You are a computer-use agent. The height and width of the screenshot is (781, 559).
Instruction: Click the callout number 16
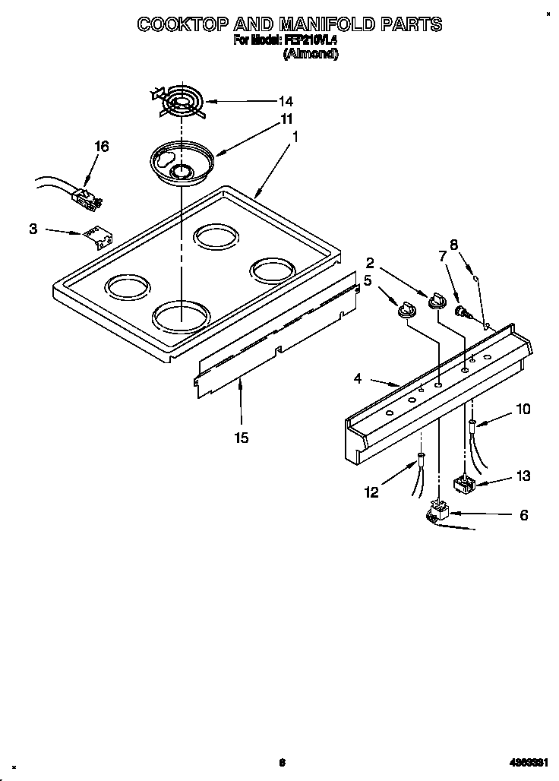(101, 147)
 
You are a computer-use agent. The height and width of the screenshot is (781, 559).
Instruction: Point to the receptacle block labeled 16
(84, 199)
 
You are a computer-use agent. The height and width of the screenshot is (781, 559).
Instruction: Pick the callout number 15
(242, 438)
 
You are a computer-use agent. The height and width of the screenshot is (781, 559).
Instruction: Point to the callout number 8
(453, 245)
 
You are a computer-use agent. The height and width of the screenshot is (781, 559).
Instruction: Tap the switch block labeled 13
(463, 484)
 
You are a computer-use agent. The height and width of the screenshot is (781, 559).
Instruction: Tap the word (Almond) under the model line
(310, 54)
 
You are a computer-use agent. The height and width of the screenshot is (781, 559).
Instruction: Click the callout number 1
(295, 138)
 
